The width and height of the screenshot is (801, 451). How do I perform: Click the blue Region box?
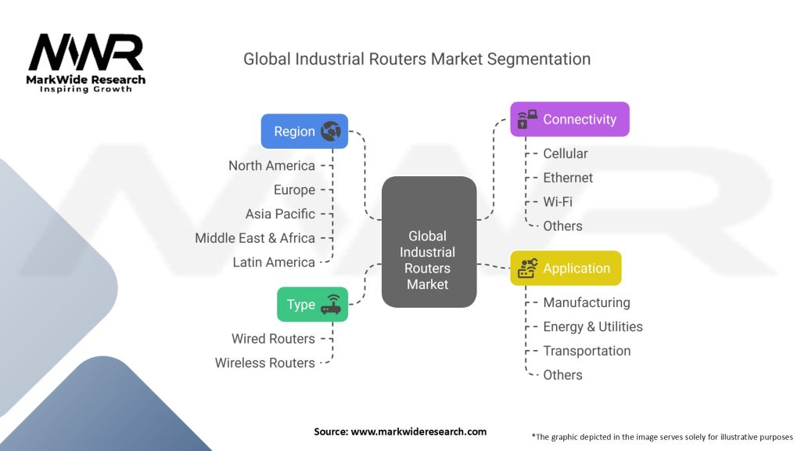pos(304,132)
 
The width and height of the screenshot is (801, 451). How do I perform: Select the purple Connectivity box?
pos(569,119)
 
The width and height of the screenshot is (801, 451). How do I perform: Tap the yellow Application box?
pos(566,268)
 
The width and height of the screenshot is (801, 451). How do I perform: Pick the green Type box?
pos(313,305)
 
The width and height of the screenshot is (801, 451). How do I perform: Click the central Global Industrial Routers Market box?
pos(429,242)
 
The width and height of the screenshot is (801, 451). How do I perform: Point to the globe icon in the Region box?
pos(331,132)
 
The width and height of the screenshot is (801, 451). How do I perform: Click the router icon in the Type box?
pos(331,305)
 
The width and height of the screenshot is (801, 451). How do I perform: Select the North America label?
pos(271,166)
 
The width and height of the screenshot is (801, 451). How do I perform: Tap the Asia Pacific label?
pos(280,214)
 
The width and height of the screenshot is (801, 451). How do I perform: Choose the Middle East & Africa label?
pos(255,238)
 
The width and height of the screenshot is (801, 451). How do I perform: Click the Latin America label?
pos(274,262)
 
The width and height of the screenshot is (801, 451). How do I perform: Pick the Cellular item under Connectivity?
pos(565,153)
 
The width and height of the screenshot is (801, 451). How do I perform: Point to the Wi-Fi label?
pos(557,202)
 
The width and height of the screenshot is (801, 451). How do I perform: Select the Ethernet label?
pos(568,178)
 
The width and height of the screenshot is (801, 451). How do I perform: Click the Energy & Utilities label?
pos(593,327)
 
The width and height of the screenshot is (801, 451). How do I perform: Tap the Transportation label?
pos(587,351)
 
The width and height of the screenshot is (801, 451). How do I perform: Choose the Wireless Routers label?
pos(264,363)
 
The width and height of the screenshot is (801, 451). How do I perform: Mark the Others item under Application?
pos(562,375)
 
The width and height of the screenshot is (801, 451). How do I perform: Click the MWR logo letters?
pos(86,52)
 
